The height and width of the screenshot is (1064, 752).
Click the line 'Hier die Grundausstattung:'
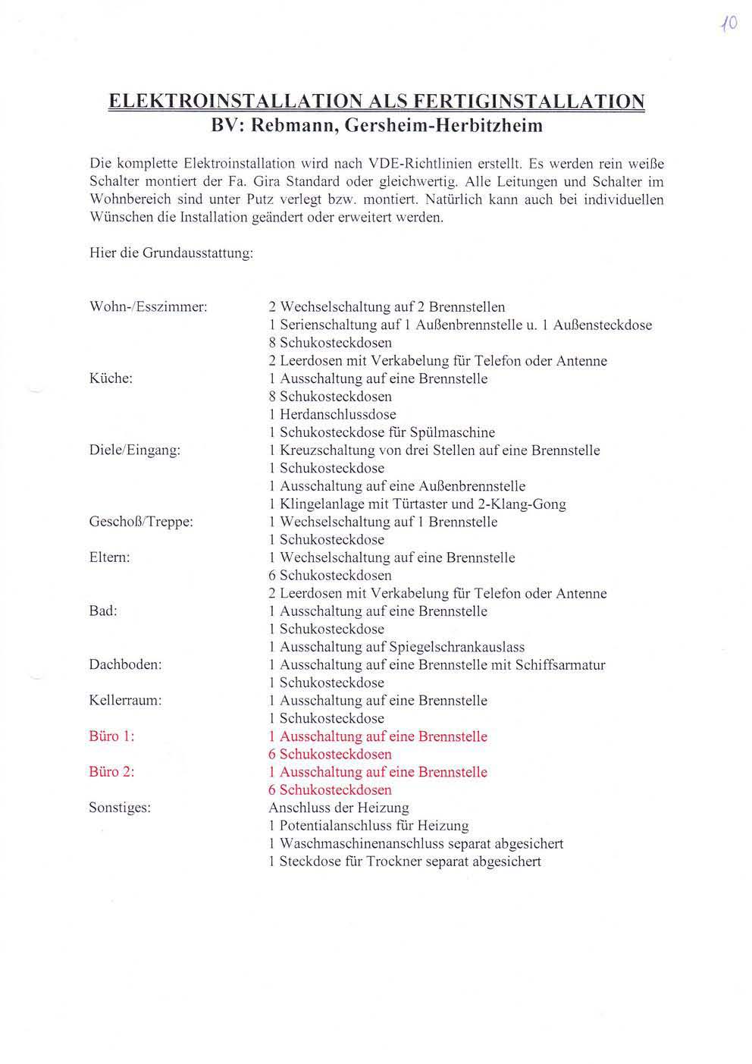[x=171, y=253]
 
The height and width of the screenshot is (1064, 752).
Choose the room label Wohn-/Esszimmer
[x=149, y=307]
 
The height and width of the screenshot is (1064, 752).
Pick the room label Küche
[x=111, y=378]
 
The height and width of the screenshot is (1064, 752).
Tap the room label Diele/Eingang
[x=135, y=450]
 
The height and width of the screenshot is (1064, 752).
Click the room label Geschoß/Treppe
[x=141, y=522]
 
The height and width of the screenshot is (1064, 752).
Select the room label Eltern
[x=110, y=557]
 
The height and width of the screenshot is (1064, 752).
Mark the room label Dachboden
[x=126, y=665]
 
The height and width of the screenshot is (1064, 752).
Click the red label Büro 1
[x=112, y=736]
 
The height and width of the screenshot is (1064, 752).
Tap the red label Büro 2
[x=112, y=772]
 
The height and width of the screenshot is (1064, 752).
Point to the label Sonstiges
[x=120, y=808]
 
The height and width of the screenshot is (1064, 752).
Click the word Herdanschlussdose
[x=337, y=415]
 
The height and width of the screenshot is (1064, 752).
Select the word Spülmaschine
[x=453, y=432]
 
